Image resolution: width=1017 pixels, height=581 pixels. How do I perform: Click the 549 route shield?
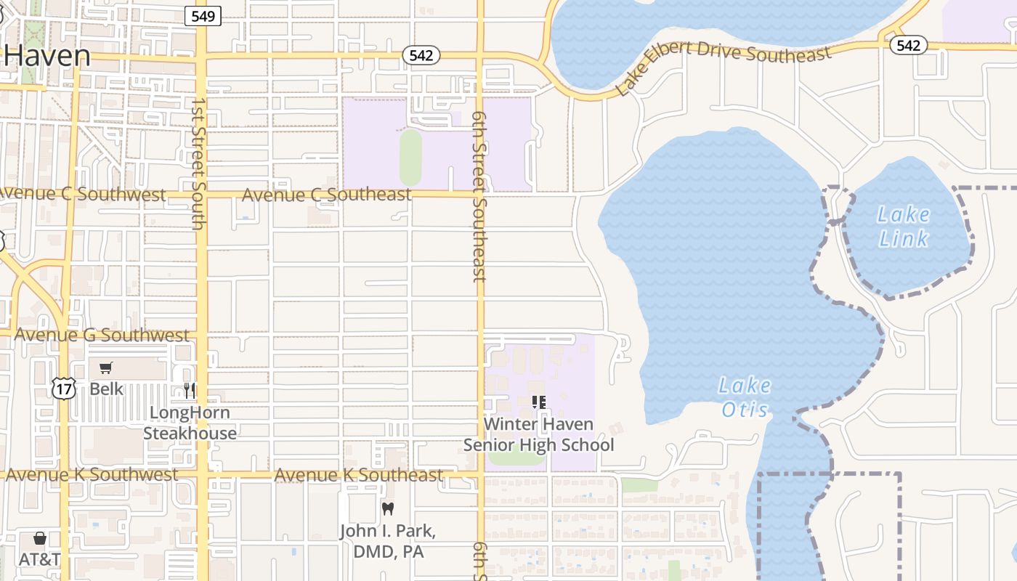202,16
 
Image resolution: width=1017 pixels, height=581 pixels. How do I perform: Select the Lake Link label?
903,226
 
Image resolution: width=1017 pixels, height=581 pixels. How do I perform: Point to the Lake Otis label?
745,397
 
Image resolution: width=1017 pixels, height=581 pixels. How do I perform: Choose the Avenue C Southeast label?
326,195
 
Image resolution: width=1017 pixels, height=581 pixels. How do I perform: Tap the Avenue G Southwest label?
101,335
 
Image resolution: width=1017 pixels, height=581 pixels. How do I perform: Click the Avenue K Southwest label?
92,474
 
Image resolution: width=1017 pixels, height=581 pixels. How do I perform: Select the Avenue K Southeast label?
358,475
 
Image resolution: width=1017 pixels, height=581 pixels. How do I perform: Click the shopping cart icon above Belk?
106,368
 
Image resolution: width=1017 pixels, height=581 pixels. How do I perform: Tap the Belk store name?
107,389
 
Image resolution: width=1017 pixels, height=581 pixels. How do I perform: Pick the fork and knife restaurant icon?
190,390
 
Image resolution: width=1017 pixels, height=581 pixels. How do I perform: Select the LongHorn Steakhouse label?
190,423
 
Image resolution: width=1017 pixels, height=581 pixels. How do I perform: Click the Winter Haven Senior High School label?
538,434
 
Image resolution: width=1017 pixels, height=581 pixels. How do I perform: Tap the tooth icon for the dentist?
388,509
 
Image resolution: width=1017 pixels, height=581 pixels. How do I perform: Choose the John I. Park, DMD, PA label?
388,541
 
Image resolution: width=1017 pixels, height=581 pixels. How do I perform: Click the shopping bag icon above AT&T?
40,538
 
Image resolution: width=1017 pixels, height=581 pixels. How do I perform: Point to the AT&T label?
39,560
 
